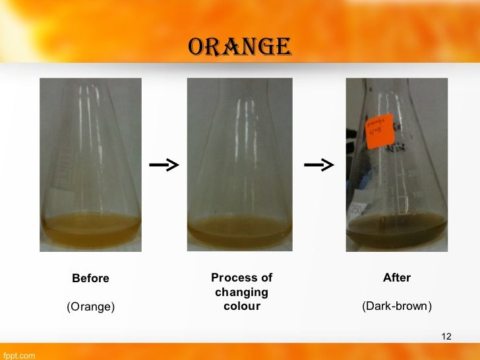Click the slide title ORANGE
[239, 46]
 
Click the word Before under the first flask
[90, 278]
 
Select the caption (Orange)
[90, 307]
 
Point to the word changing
[241, 292]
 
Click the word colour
[241, 307]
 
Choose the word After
[397, 278]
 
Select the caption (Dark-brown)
[397, 307]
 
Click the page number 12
[446, 338]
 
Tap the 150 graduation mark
[417, 195]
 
